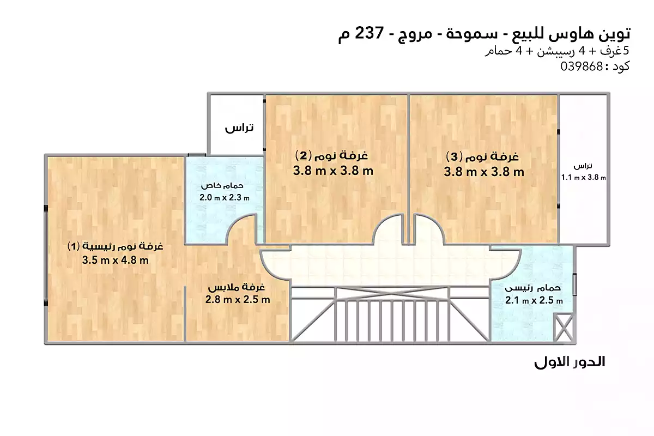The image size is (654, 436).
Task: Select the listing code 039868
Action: [582, 66]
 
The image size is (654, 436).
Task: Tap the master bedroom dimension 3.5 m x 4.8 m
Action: [116, 260]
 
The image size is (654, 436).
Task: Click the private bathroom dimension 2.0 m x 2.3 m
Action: [225, 197]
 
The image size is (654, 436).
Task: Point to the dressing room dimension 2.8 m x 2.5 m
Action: [238, 300]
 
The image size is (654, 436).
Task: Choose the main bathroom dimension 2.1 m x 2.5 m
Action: [534, 300]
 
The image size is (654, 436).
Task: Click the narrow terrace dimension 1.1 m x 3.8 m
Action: [583, 177]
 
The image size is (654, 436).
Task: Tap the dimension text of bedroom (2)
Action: [333, 171]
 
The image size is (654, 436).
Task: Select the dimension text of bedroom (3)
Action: [484, 172]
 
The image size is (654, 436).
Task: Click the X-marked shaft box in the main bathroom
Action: [564, 328]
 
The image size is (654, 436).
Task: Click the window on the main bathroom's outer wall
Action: [574, 284]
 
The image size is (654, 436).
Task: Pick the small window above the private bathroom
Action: [197, 155]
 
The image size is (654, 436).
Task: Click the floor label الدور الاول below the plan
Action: [570, 362]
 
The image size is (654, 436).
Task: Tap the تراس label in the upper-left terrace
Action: [239, 128]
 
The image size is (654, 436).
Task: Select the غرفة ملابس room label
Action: [237, 288]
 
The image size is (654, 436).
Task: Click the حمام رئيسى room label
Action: [533, 288]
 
